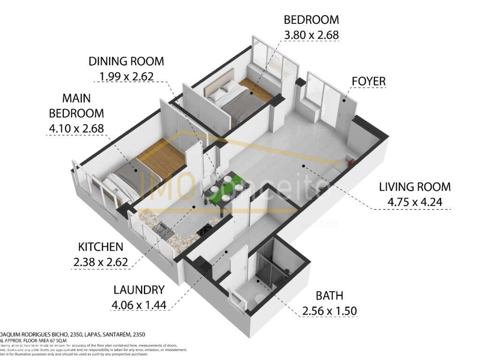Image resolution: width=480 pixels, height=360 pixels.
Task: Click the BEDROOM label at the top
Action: tap(311, 20)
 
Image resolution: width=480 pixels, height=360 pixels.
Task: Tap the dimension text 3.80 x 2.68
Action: tap(311, 35)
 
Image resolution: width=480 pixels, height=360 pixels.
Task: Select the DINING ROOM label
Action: tap(127, 61)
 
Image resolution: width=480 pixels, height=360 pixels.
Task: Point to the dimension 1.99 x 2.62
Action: tap(127, 76)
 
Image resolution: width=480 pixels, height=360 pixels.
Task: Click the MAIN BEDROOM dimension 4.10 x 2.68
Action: tap(76, 128)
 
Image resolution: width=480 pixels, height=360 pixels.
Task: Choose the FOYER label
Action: tap(368, 81)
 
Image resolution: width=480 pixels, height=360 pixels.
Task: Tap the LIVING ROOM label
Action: tap(415, 187)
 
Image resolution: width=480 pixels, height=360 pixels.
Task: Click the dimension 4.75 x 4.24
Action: tap(415, 202)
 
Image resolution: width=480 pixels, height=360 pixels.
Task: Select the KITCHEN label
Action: tap(100, 247)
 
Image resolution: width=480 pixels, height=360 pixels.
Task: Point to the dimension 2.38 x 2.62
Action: tap(100, 262)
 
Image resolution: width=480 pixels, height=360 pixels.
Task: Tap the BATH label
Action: tap(329, 296)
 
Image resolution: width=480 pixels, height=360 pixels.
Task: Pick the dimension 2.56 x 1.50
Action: tap(329, 311)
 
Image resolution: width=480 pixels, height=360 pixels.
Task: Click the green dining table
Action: tap(225, 189)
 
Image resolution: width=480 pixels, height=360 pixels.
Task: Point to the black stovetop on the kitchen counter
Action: tap(205, 230)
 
